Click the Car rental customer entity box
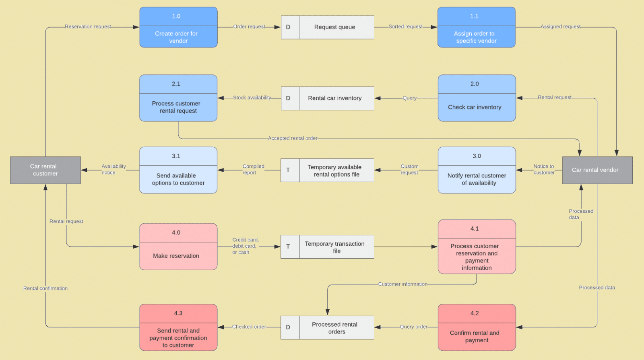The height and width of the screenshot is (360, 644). [x=45, y=170]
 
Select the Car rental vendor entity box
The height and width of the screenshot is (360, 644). [x=597, y=170]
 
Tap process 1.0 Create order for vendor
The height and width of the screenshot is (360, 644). [x=178, y=27]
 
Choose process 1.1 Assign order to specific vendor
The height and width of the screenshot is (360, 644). [x=476, y=27]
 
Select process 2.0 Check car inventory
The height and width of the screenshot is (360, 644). [x=477, y=98]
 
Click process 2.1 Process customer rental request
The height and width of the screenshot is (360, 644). [x=178, y=98]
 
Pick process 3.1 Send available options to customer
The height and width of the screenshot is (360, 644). [x=178, y=171]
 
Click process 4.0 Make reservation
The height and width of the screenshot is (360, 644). [x=178, y=247]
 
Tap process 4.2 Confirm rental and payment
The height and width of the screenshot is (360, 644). [x=477, y=328]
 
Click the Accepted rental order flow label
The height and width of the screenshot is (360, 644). [x=293, y=138]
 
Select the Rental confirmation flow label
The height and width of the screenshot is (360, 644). [x=45, y=288]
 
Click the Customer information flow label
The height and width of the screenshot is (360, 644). [x=402, y=284]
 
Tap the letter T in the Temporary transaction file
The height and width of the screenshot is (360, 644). [x=288, y=247]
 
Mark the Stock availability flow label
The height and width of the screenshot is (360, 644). [x=252, y=98]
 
